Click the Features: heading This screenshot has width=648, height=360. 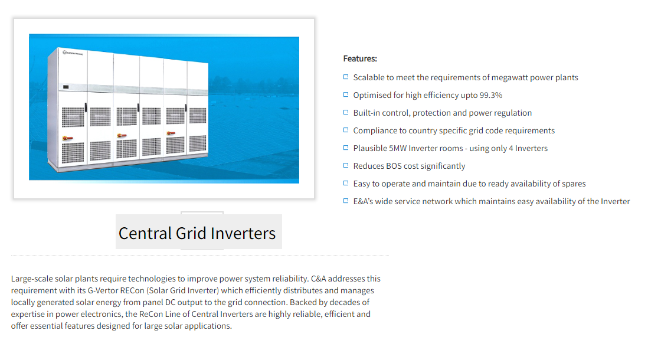[x=360, y=58]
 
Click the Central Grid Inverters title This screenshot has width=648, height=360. [x=197, y=234]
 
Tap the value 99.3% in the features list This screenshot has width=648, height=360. [x=491, y=96]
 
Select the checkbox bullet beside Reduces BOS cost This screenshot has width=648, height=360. [x=346, y=165]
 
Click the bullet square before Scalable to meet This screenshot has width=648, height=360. [x=346, y=77]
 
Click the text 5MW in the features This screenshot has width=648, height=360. [x=398, y=148]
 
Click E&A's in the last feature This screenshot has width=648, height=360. [x=363, y=201]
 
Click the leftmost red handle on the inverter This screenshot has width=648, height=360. [x=67, y=138]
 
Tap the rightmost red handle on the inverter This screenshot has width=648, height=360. [x=171, y=133]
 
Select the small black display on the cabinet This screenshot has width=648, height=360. [x=66, y=87]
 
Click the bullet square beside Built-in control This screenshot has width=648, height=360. [x=346, y=112]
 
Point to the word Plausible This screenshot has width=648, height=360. [x=370, y=148]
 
